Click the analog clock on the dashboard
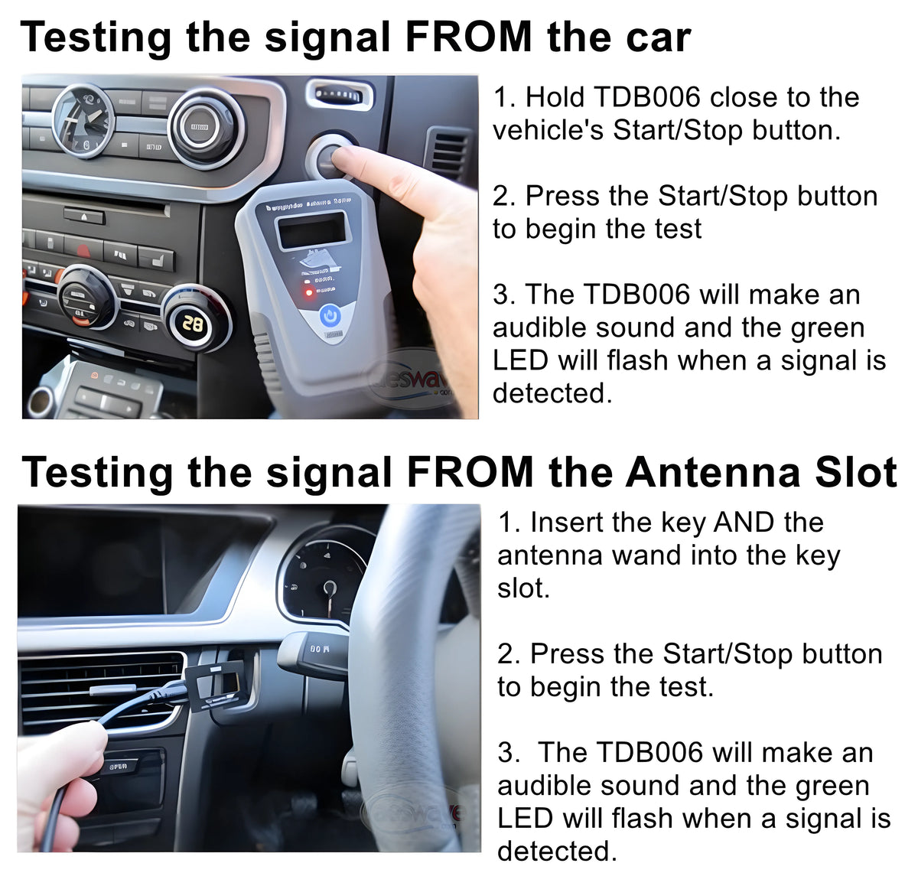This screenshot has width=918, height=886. (83, 120)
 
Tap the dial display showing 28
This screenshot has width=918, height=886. (194, 324)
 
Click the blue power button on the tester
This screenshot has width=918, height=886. (330, 315)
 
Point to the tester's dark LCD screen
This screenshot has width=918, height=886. (312, 230)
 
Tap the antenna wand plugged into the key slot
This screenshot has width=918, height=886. (218, 683)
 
